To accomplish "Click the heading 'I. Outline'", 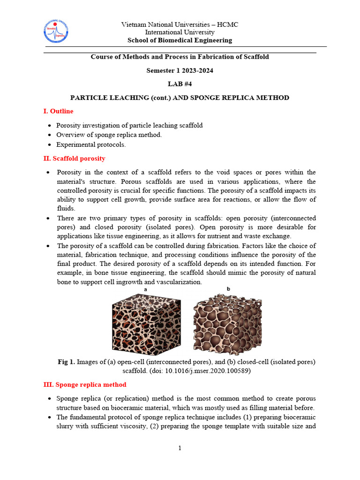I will tap(58, 111).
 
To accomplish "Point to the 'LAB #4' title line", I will tap(180, 84).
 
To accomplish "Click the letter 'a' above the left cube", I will tap(146, 290).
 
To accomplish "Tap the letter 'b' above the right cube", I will tap(229, 289).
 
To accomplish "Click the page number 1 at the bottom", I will tap(180, 449).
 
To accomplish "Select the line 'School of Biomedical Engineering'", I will tap(180, 40).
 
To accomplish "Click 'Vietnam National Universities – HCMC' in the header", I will tap(180, 24).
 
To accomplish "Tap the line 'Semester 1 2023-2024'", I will tap(180, 70).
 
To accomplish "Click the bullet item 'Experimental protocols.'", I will tap(91, 144).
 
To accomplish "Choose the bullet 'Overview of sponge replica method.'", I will tap(109, 135).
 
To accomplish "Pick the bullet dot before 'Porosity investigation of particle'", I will tap(50, 126).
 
